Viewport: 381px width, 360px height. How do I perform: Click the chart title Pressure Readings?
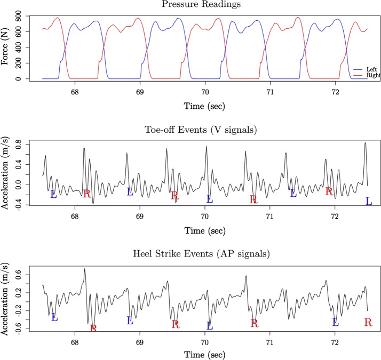[204, 5]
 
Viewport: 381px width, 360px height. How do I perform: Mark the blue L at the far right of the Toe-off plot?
[369, 201]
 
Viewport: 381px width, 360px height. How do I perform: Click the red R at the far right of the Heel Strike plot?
[368, 322]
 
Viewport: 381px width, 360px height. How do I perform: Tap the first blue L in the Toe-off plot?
[53, 194]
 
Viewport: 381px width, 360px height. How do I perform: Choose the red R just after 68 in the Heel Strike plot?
[93, 328]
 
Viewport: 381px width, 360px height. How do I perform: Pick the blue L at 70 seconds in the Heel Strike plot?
[210, 325]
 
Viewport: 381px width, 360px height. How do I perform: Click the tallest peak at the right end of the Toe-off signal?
[366, 143]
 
